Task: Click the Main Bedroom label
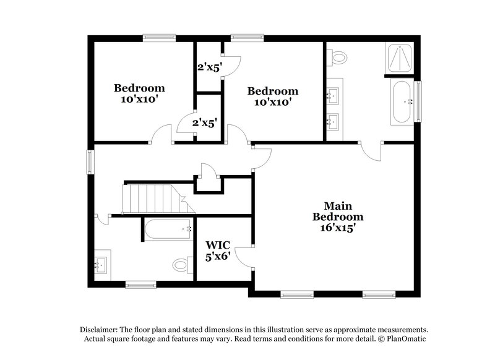[337, 211]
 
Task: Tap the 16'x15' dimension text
[337, 228]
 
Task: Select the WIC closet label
[217, 243]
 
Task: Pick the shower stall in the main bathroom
[402, 58]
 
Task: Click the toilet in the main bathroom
[338, 58]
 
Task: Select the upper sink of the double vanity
[334, 95]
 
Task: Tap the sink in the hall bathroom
[100, 265]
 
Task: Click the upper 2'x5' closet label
[209, 67]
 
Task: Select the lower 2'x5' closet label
[204, 122]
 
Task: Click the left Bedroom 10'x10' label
[139, 93]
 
